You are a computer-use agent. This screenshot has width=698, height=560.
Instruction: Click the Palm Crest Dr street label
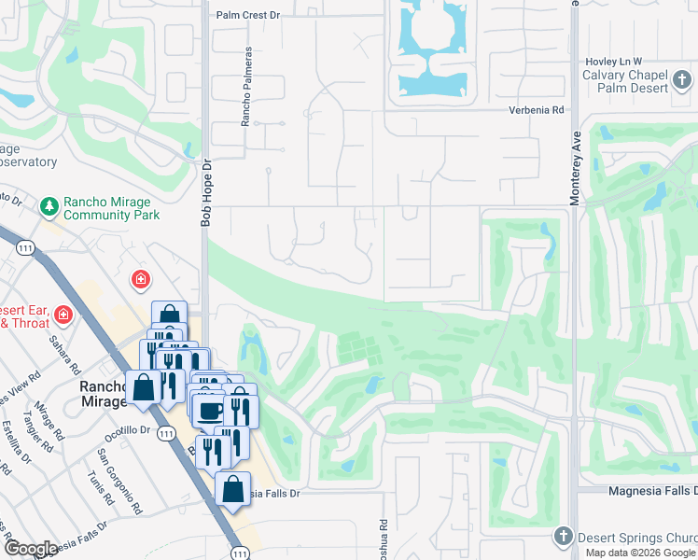247,15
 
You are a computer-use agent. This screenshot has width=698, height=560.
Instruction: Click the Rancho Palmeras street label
247,101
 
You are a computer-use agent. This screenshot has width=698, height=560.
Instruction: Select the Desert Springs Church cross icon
562,537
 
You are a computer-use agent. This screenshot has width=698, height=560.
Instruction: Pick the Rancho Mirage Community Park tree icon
49,203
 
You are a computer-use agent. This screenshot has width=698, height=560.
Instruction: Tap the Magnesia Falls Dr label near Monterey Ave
638,491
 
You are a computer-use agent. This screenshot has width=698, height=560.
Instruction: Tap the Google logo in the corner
32,549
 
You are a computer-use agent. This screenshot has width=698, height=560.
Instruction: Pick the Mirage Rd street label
45,421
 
